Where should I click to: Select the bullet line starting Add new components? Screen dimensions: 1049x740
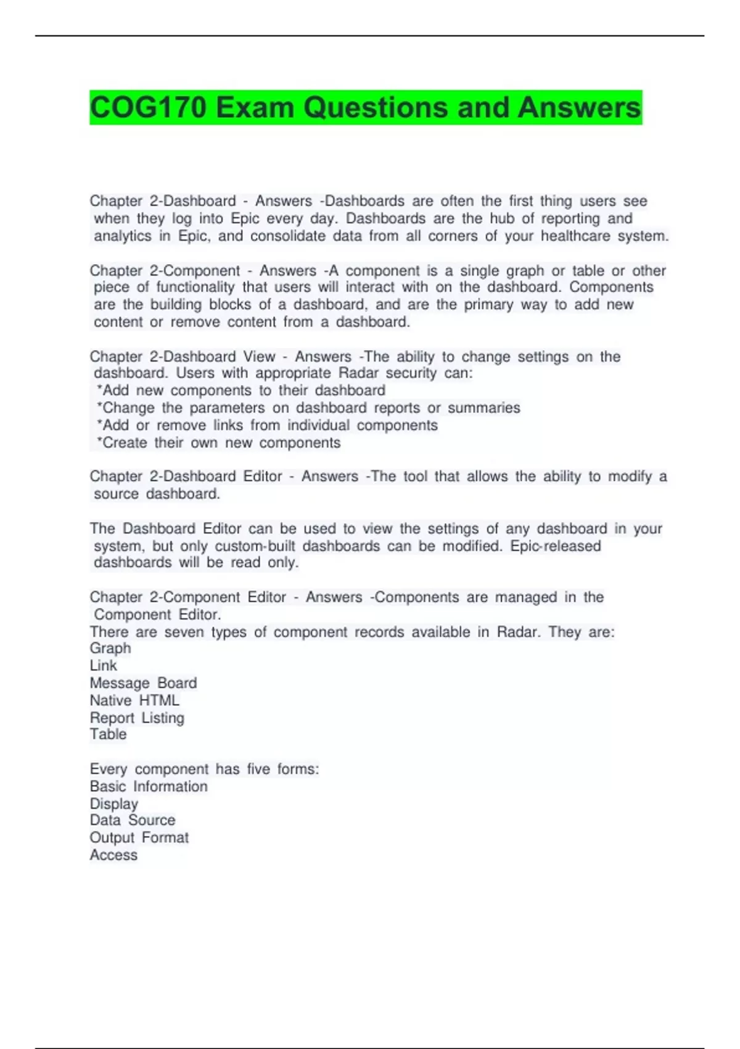pos(241,391)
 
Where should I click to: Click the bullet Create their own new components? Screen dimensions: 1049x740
pos(219,442)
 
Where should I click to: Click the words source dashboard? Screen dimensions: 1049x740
pos(157,494)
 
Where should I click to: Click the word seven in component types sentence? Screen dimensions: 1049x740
pos(184,632)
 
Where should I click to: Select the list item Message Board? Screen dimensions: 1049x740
pos(143,683)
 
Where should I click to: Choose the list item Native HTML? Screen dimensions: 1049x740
pos(134,700)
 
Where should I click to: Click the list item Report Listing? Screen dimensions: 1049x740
pos(137,718)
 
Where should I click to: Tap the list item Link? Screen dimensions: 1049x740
pos(103,666)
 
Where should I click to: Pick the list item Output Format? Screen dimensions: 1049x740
pos(139,837)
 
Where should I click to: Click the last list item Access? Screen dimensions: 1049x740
pos(113,855)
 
